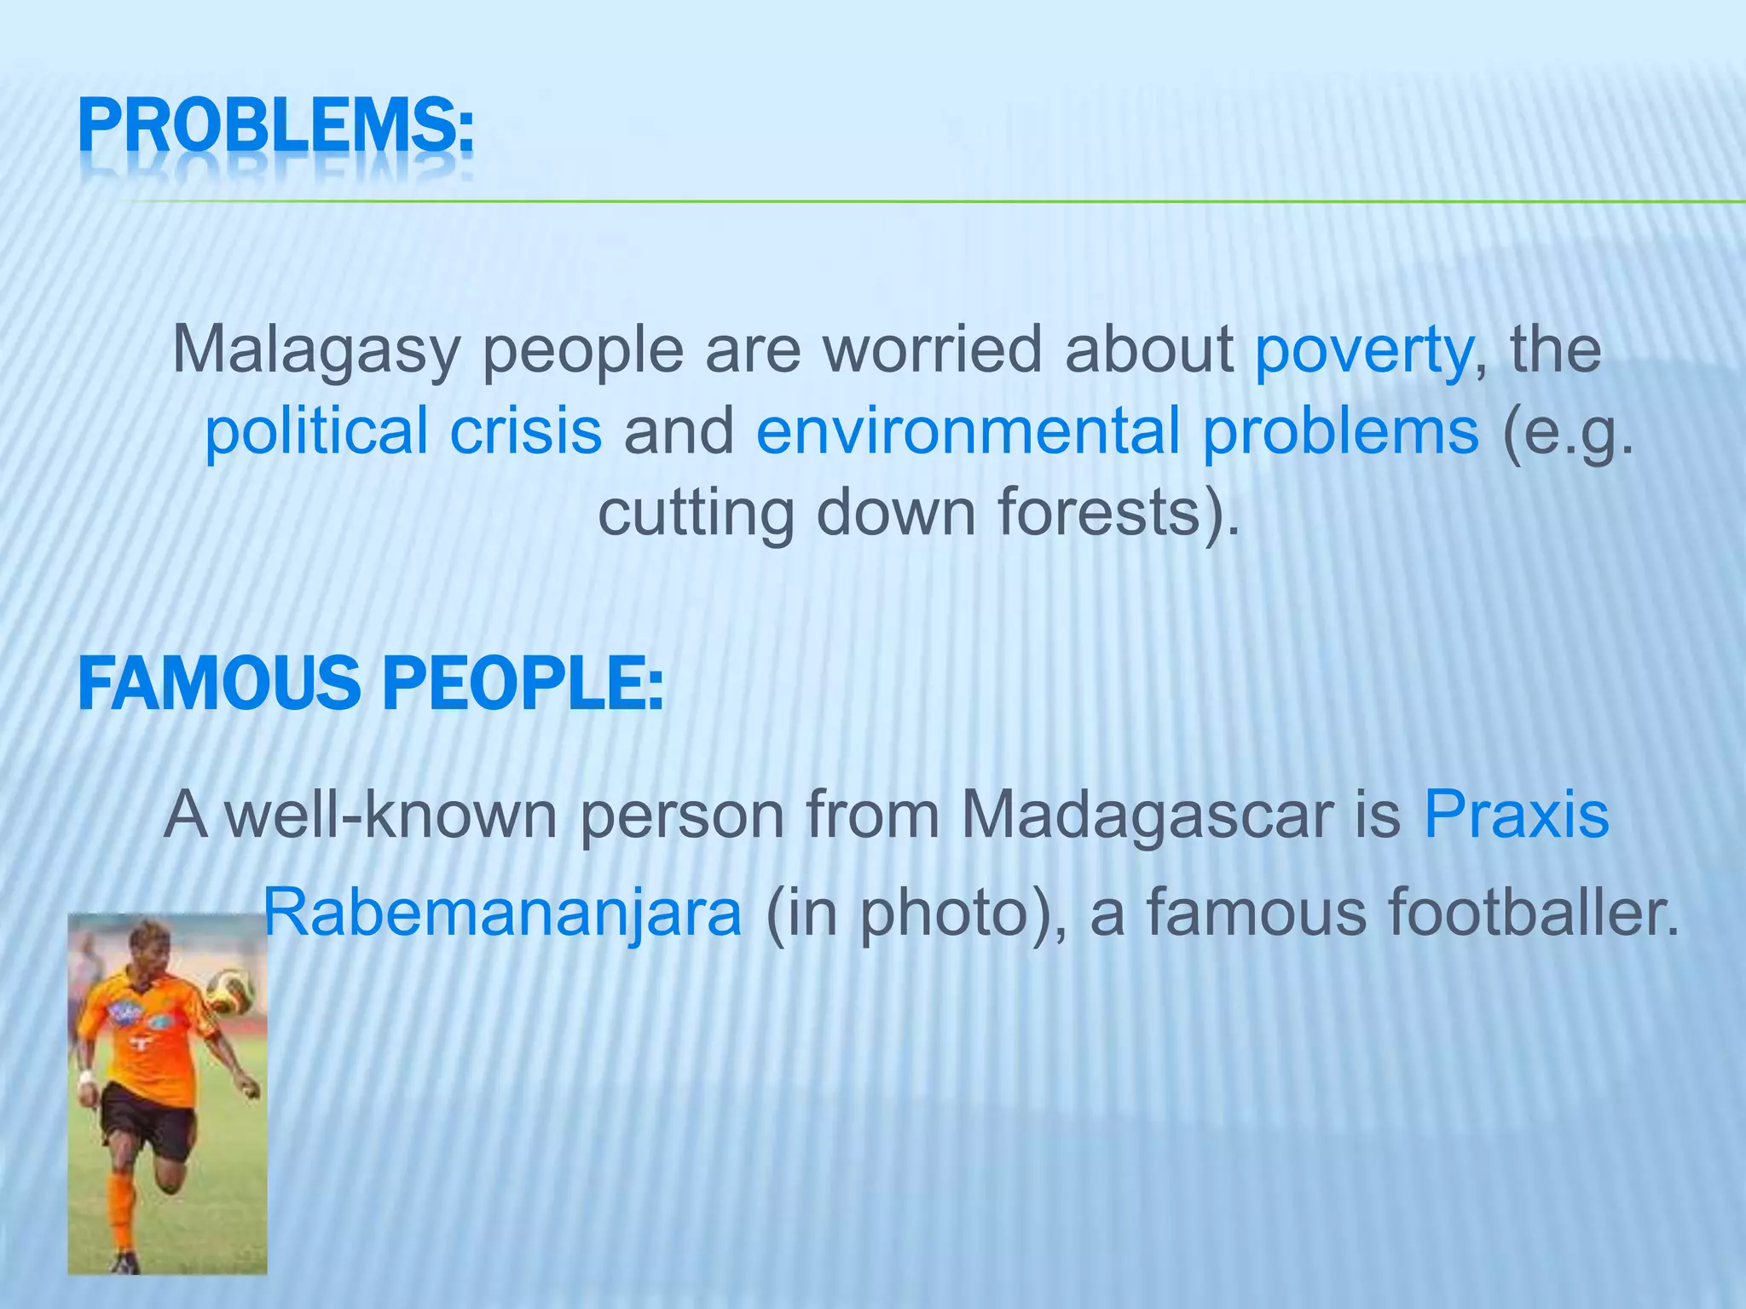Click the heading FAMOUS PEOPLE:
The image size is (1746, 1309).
[370, 683]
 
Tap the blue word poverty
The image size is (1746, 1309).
[1362, 350]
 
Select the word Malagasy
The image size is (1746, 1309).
[315, 350]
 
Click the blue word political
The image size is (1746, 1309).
[315, 431]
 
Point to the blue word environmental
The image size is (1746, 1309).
[968, 431]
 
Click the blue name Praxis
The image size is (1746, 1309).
[1516, 815]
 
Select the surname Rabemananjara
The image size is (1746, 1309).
[503, 913]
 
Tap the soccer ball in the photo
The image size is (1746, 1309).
[232, 989]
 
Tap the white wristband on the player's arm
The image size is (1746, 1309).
[85, 1077]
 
